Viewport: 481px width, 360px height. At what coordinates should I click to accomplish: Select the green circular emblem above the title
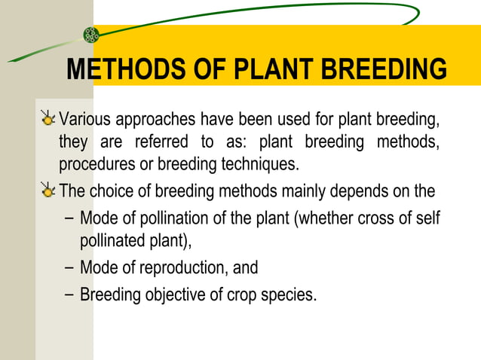[x=91, y=34]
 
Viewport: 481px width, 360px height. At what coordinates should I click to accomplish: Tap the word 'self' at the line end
[x=427, y=218]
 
